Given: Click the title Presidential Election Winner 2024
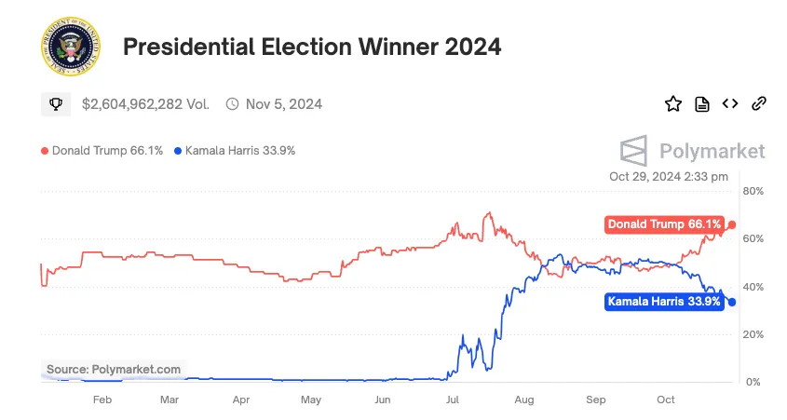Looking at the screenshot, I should (x=312, y=47).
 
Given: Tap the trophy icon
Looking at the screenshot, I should (x=56, y=104).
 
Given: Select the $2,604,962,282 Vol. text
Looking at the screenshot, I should (x=145, y=104).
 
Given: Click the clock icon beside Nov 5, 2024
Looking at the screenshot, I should (x=232, y=104).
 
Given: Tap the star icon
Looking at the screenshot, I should (x=672, y=103).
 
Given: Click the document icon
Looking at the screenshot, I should (x=702, y=103).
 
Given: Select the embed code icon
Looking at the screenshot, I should (x=730, y=103).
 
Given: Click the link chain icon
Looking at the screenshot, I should (x=759, y=103).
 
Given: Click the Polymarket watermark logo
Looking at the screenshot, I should (x=693, y=151).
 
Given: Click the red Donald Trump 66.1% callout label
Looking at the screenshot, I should (x=663, y=224).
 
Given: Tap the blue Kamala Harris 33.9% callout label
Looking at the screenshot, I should (x=663, y=302).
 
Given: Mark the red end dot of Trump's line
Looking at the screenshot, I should (x=732, y=224).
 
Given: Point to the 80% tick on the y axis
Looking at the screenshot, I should (x=752, y=191).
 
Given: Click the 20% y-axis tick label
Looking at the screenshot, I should (x=752, y=334).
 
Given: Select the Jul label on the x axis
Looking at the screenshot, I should (x=454, y=400).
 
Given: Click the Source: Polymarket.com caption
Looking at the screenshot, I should (x=113, y=370).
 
